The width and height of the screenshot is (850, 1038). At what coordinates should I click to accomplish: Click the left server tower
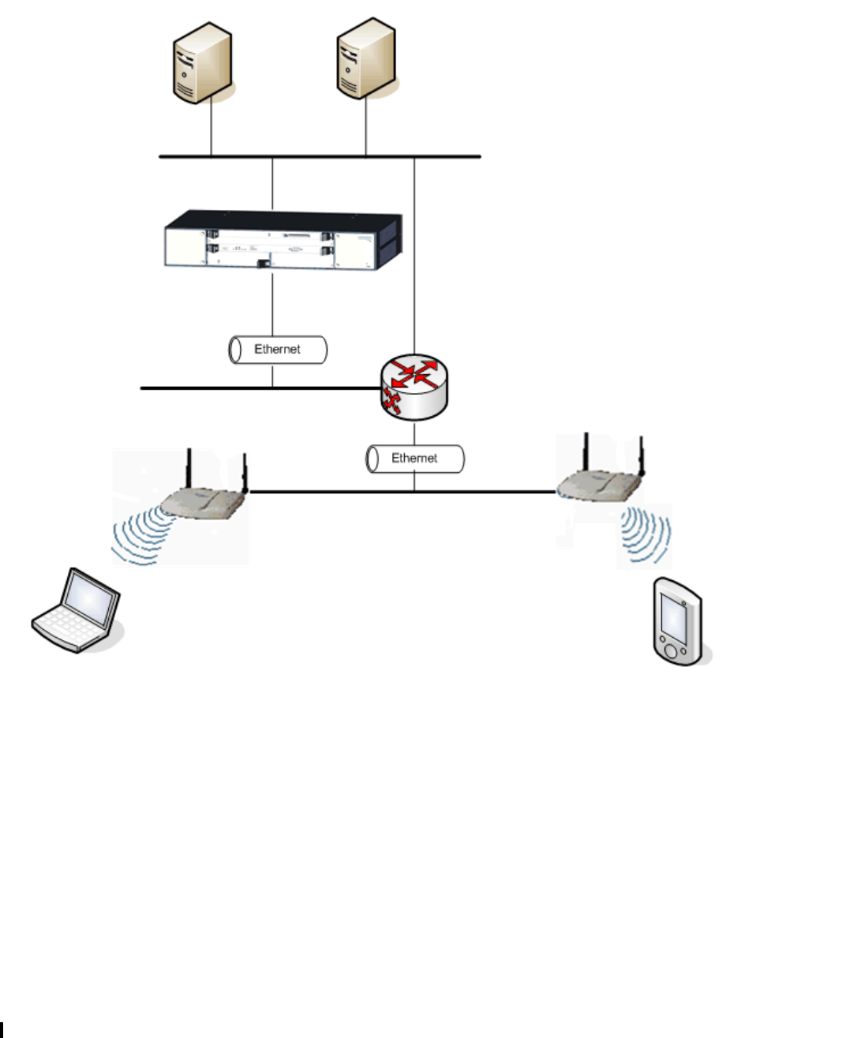coord(203,62)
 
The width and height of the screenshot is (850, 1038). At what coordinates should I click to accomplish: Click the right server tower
coord(366,58)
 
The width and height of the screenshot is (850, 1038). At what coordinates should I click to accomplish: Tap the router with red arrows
coord(414,386)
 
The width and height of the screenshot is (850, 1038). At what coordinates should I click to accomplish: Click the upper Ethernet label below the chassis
coord(278,349)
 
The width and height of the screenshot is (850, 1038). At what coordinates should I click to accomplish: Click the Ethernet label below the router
coord(415,458)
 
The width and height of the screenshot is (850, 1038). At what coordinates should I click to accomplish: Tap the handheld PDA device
coord(677,621)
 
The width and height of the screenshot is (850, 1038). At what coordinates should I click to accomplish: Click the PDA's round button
coord(671,651)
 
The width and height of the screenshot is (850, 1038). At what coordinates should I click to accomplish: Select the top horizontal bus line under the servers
coord(320,156)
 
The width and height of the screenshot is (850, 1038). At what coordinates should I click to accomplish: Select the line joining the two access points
coord(403,492)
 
